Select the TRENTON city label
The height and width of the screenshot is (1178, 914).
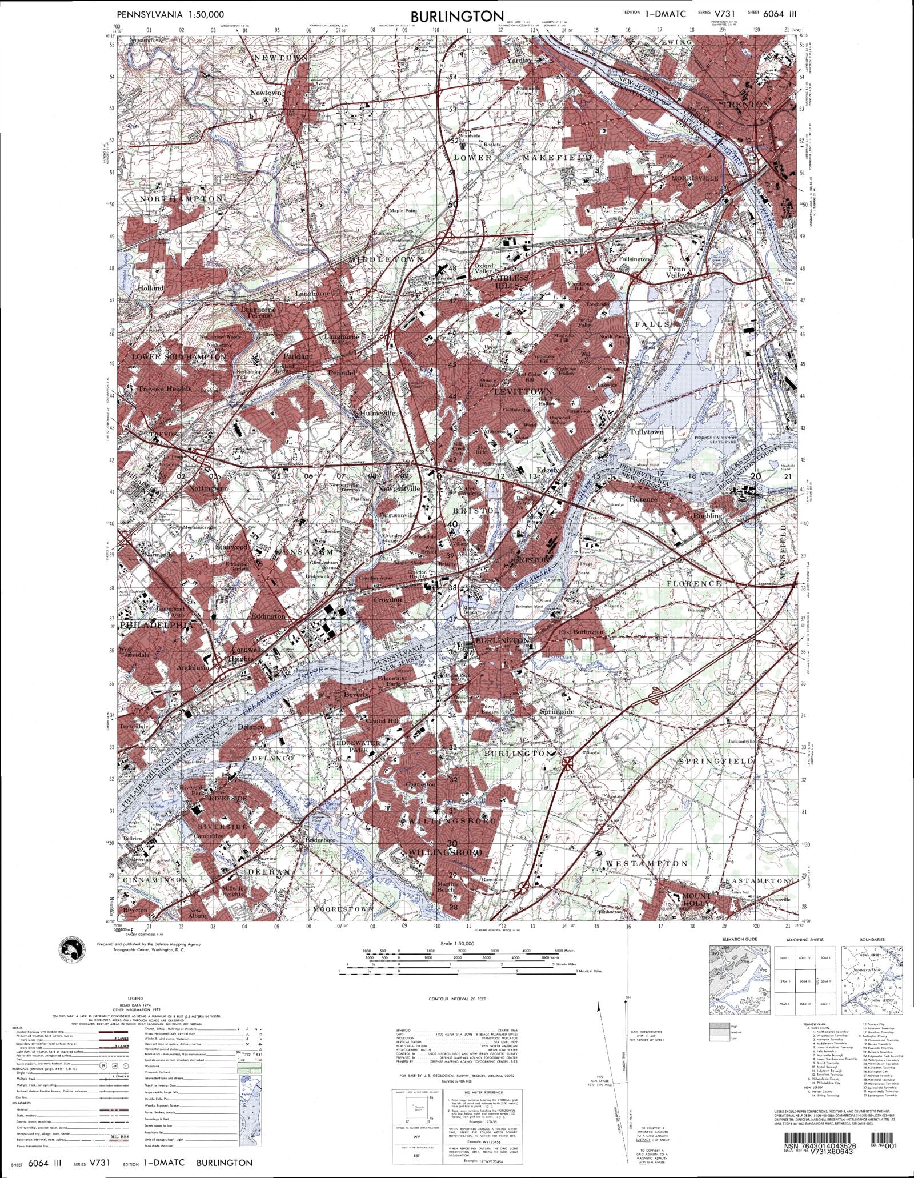[746, 105]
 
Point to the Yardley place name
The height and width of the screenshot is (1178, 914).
[519, 60]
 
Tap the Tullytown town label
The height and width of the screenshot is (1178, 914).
[646, 432]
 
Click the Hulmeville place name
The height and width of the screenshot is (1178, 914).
[377, 412]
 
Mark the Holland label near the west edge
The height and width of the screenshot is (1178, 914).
[150, 288]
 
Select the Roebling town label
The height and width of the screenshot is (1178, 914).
[707, 515]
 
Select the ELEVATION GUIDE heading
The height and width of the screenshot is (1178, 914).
[739, 939]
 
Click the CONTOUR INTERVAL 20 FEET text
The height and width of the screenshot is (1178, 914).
[457, 999]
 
